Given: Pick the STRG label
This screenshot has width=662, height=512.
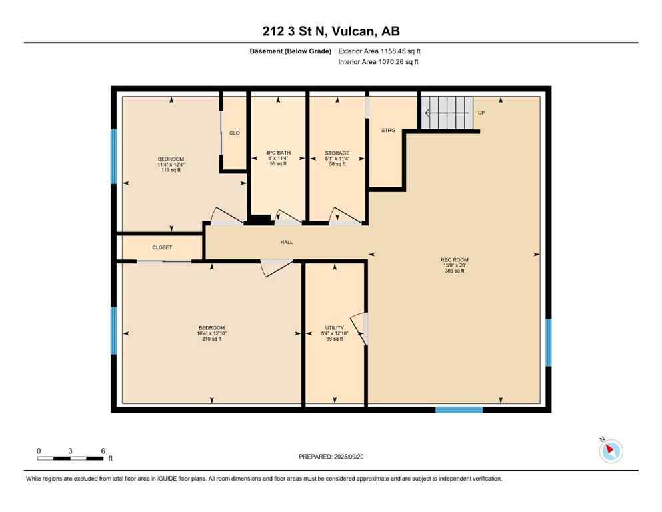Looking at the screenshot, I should click(389, 131).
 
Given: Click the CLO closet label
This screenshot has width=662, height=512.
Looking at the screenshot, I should click(234, 133).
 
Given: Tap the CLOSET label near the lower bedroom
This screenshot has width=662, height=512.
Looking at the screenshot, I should click(162, 247).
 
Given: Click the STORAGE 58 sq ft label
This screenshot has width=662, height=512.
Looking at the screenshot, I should click(337, 158).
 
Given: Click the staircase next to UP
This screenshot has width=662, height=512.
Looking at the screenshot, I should click(447, 112).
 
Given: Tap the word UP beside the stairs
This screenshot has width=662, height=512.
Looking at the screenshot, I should click(481, 113).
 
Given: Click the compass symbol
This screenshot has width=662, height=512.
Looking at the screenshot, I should click(611, 451).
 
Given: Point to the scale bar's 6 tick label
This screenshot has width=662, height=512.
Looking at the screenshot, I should click(103, 451).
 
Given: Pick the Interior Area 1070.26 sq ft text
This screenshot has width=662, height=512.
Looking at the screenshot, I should click(379, 62).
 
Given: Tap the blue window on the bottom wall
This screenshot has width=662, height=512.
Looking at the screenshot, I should click(459, 409).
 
